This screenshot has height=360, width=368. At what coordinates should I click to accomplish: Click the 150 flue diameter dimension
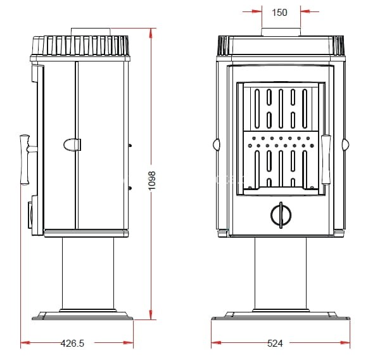coord(279,12)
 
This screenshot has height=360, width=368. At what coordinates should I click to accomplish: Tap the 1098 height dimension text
coord(152,181)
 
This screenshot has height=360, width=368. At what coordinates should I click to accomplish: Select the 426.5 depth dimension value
coord(72,343)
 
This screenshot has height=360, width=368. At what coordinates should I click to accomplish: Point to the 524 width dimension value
coord(275,344)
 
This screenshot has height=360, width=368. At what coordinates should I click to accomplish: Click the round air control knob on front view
coord(281,215)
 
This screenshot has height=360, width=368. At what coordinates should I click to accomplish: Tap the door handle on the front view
coord(326,160)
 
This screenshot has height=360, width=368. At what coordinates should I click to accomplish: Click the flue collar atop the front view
coord(281,32)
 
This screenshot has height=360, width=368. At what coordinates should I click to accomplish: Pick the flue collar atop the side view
coord(91,32)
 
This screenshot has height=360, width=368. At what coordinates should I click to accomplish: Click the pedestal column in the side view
coord(88,274)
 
